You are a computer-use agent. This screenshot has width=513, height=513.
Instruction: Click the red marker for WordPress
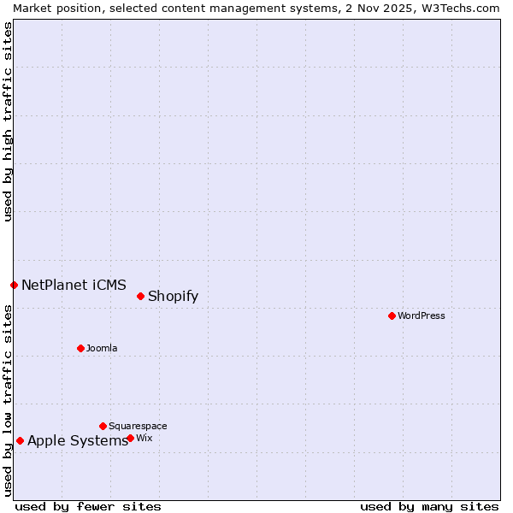pos(392,315)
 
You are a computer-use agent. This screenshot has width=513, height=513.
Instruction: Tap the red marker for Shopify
pos(140,296)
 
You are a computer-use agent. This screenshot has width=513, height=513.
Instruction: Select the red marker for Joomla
pos(80,348)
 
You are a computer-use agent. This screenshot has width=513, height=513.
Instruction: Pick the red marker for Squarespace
pos(103,426)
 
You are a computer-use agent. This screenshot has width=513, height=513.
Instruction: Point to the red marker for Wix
pos(130,438)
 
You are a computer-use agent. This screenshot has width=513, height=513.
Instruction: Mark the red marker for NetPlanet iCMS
pos(14,285)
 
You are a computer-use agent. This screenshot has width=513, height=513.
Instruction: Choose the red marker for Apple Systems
pos(20,440)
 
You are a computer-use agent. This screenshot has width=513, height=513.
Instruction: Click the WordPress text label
pos(422,315)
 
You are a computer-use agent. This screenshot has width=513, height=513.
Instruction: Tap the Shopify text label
pos(173,297)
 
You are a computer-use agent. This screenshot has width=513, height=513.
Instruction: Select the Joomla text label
pos(102,348)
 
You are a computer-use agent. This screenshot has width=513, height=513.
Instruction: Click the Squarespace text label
pos(138,426)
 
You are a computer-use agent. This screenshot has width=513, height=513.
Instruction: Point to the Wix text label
pos(144,438)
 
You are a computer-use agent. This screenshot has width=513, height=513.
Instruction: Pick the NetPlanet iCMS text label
pos(74,285)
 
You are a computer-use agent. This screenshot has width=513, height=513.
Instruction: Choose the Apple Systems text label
pos(77,441)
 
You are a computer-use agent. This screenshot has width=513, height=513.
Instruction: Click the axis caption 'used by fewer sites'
pos(88,506)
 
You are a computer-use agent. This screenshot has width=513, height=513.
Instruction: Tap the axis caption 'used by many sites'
pos(429,506)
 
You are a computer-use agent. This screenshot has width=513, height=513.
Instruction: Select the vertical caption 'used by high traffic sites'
pos(8,121)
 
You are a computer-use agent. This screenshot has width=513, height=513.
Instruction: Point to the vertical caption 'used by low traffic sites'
pos(8,400)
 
